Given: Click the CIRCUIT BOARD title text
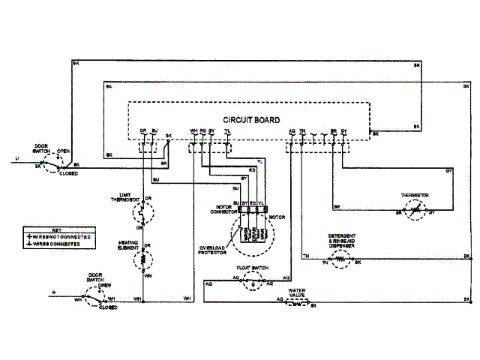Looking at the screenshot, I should pyautogui.click(x=252, y=120).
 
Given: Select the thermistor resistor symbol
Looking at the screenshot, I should pyautogui.click(x=414, y=212).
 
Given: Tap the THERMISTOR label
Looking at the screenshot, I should pyautogui.click(x=414, y=195).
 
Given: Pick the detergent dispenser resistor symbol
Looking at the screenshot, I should pyautogui.click(x=340, y=262).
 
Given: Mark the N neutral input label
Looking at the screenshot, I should pyautogui.click(x=52, y=292).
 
